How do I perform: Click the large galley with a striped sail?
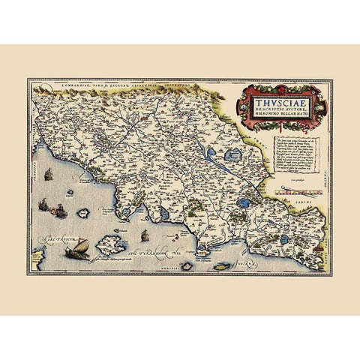[x=78, y=247]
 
